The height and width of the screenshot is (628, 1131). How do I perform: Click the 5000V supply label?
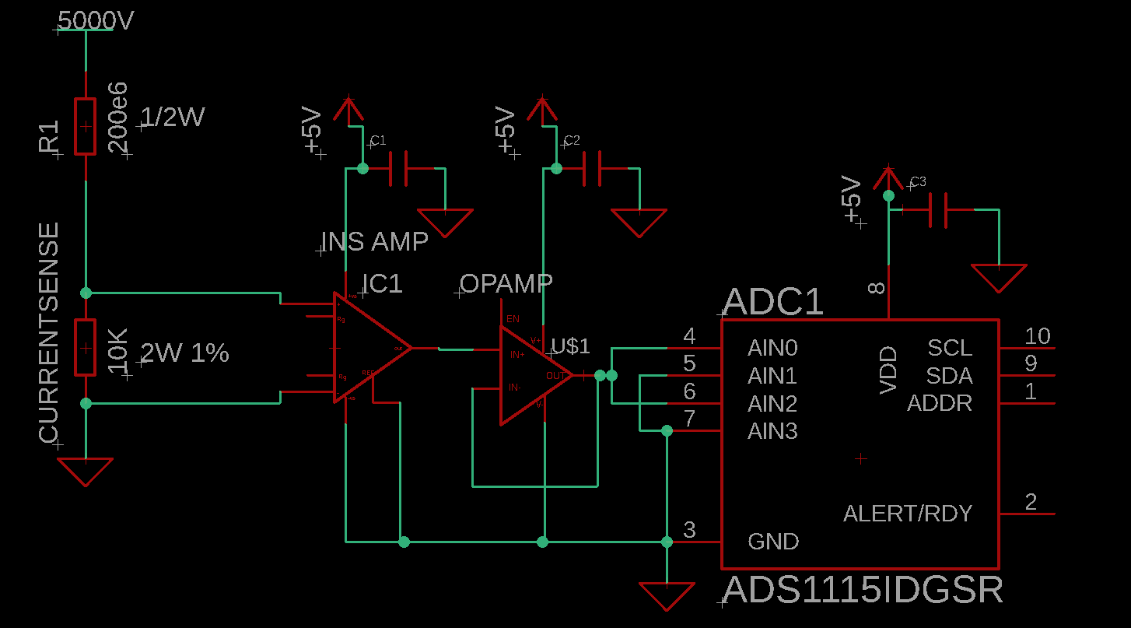[x=96, y=21]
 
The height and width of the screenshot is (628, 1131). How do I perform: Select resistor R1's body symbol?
[x=85, y=126]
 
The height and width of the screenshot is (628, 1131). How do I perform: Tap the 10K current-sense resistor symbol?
[x=85, y=347]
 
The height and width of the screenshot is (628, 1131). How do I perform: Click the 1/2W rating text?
[x=172, y=118]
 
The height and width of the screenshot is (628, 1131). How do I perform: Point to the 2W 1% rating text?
[x=185, y=353]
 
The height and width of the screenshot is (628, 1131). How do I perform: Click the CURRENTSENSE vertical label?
[x=49, y=332]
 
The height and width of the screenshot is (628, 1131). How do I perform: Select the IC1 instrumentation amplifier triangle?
[x=366, y=348]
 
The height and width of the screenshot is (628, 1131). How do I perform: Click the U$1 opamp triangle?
[x=533, y=375]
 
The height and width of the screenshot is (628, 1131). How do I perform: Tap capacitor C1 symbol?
[x=397, y=169]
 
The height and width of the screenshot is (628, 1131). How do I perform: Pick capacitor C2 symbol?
[x=591, y=169]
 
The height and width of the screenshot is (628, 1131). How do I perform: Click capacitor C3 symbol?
[x=940, y=210]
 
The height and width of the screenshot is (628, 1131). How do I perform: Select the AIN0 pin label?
[x=772, y=348]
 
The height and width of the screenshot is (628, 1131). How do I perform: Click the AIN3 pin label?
[x=772, y=431]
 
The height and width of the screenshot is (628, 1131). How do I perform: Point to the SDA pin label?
[x=949, y=377]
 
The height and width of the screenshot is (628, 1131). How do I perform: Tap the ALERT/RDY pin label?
[x=908, y=514]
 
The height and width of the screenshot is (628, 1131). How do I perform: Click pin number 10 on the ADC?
[x=1037, y=336]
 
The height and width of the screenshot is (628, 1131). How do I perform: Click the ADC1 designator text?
[x=773, y=302]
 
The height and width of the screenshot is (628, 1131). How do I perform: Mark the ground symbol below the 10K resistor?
[x=85, y=471]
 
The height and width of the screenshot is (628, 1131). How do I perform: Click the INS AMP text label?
[x=375, y=242]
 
